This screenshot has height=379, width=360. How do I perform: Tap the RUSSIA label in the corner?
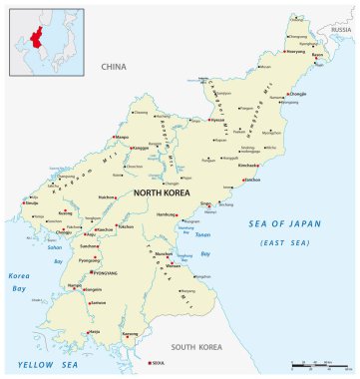[341, 30]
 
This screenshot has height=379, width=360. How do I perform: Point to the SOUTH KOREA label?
[194, 347]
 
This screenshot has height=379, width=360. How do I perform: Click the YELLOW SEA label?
[34, 365]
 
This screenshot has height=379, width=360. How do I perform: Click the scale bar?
[322, 366]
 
